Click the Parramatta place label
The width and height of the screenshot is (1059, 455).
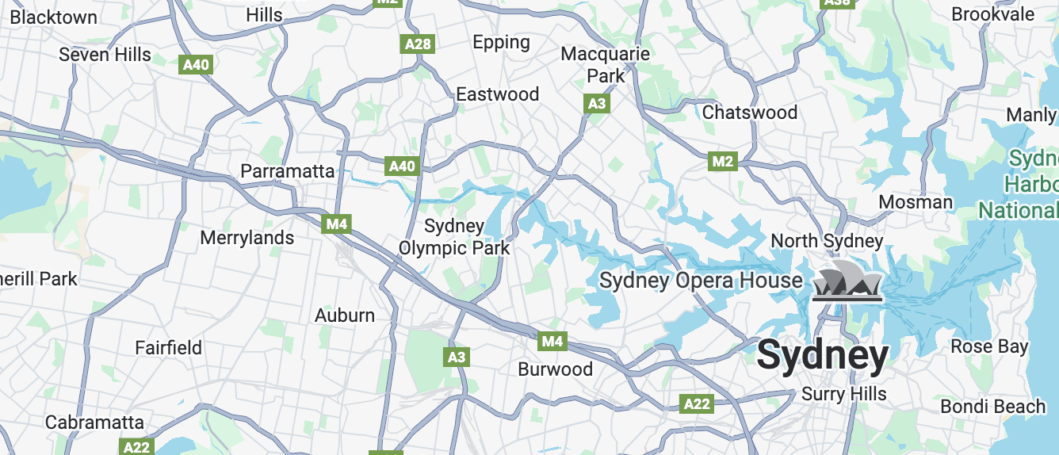[287, 171]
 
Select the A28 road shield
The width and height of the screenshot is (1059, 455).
[418, 44]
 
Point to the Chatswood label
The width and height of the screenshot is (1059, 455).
[749, 113]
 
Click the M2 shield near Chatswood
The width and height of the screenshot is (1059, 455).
[722, 162]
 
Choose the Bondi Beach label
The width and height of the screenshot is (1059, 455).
[992, 407]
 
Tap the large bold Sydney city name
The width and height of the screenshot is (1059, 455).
[822, 356]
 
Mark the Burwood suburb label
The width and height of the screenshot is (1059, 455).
[555, 369]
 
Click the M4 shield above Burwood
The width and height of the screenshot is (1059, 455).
[552, 342]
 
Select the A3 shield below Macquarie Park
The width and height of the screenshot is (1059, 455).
[597, 103]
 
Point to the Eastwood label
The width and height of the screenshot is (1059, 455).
[497, 94]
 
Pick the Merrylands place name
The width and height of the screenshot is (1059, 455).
[247, 238]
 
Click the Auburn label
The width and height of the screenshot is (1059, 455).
[345, 315]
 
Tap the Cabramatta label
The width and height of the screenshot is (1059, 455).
[94, 422]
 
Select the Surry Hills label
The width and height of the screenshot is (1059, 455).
[843, 394]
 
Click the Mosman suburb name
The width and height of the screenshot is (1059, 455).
[916, 202]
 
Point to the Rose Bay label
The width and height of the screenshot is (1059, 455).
[988, 346]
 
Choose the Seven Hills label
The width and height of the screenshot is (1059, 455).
[105, 55]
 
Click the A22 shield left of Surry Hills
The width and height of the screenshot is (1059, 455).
[697, 404]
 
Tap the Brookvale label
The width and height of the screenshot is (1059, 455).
[992, 14]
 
